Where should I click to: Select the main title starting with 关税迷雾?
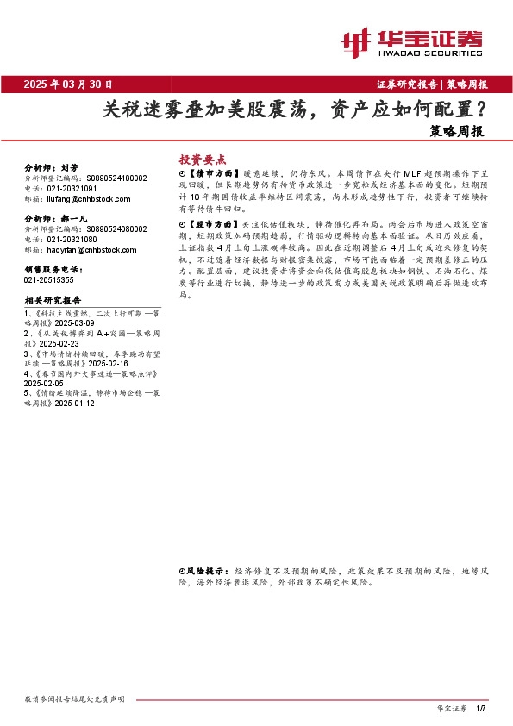(292, 110)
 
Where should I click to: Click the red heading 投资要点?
(202, 160)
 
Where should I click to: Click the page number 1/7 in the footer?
(481, 708)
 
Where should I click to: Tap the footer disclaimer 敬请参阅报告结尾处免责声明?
(75, 698)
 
